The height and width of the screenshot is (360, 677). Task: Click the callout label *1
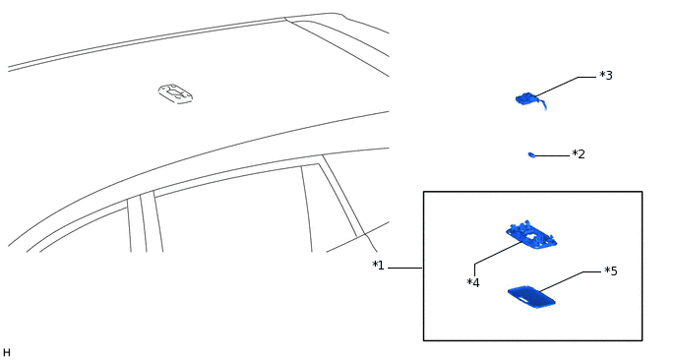pos(378,266)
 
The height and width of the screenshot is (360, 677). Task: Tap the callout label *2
pos(579,154)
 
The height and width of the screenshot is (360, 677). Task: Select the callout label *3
pos(606,76)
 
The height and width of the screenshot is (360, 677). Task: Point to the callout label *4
pos(473,283)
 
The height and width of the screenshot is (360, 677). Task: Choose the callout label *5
pos(611,271)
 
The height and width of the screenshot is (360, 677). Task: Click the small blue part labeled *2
pos(531,154)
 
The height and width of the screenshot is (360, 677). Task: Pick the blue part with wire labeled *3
pos(527,98)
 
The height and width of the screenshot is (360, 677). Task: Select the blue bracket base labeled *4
pos(531,235)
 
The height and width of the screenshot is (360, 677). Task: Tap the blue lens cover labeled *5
pos(531,296)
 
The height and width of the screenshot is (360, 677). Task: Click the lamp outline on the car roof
pos(175,93)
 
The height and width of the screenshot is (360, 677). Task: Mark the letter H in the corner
pos(7,352)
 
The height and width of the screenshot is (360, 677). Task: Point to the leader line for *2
pos(552,155)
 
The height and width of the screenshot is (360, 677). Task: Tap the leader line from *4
pos(498,253)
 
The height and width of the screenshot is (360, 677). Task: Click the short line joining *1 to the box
pos(404,267)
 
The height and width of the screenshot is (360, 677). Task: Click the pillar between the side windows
pos(145,221)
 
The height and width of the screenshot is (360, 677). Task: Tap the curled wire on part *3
pos(541,104)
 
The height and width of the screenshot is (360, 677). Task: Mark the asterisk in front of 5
pos(607,270)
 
